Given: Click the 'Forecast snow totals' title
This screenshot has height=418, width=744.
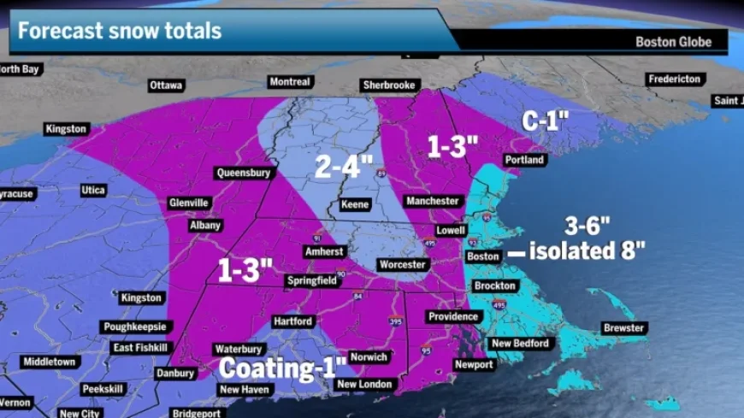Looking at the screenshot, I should [120, 32].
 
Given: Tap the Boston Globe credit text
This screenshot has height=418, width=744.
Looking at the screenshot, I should [673, 42].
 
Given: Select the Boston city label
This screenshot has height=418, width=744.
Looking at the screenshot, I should [483, 256].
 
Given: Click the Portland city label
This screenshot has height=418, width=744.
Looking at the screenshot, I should [524, 160].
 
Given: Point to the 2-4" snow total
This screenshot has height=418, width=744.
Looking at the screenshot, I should [345, 166].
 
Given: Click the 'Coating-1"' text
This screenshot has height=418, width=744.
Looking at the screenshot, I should [283, 368].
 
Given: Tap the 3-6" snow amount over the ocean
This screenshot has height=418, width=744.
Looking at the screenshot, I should [587, 226].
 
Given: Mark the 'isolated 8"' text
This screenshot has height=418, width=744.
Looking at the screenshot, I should [587, 251].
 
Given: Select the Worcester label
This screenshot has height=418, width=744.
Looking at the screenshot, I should [403, 265].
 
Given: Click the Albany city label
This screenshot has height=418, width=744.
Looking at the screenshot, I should [205, 226].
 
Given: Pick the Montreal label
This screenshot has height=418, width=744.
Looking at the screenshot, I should [289, 82].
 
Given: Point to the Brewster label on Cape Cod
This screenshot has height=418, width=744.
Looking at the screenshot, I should [624, 328].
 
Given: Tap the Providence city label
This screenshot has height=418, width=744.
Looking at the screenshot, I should [453, 316].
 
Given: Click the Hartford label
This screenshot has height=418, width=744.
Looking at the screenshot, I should [292, 321].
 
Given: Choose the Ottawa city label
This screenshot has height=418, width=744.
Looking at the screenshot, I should [166, 85].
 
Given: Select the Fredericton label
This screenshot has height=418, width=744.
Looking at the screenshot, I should [676, 79].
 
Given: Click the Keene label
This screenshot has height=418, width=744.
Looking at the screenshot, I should [355, 204].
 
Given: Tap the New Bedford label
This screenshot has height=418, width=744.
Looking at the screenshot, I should [518, 344].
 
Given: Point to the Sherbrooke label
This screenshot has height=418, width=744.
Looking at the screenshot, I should [388, 85].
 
